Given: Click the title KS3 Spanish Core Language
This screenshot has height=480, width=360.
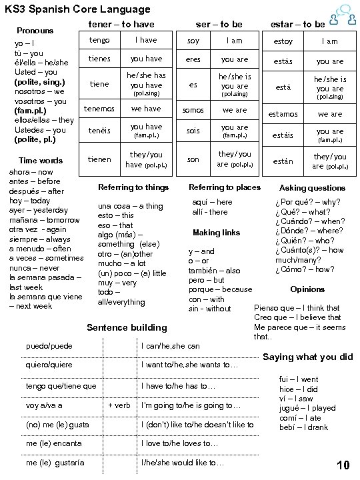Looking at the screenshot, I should point(77,9).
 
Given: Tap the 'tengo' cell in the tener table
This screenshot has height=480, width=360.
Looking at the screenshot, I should point(99,41).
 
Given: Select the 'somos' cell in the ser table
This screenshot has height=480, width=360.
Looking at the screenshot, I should point(193,110).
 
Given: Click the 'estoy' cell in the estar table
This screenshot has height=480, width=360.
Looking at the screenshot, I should point(283,41).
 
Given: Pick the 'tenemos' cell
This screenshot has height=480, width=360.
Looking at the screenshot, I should point(99,108).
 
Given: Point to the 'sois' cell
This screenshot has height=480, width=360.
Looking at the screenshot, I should point(193,131).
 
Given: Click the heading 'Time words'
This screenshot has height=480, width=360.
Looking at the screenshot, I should point(41,161).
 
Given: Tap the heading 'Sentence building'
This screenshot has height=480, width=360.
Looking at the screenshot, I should point(127,327).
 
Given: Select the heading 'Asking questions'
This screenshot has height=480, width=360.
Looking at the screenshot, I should point(312,188).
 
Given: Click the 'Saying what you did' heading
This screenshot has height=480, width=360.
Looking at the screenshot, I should point(308,357).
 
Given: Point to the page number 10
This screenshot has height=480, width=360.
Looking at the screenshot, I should point(343,465).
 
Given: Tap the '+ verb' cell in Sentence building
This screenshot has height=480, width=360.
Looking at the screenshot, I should point(119,405).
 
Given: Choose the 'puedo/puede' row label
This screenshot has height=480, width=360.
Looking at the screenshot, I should point(49,347).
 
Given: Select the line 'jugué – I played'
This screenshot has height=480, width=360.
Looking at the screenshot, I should point(307,408).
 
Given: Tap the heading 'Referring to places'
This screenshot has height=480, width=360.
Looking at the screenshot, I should point(225,187).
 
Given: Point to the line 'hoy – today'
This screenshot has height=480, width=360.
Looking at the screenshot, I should point(27,201).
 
